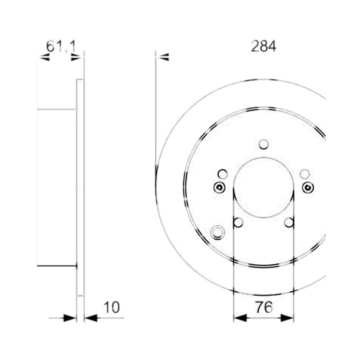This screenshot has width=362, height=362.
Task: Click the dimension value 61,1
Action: tap(61, 47)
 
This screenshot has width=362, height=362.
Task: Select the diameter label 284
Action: tap(263, 47)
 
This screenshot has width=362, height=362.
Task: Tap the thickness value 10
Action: tap(112, 307)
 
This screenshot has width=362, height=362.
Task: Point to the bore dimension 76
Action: tap(264, 307)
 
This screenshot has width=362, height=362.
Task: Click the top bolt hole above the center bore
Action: tap(264, 145)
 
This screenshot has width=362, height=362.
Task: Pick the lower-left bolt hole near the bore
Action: tap(238, 223)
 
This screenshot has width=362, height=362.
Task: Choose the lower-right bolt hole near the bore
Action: tap(289, 223)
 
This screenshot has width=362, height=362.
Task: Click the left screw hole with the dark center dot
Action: tap(219, 187)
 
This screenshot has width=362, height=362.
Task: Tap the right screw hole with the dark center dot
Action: tap(308, 187)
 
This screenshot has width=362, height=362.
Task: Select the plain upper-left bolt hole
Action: tap(223, 174)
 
